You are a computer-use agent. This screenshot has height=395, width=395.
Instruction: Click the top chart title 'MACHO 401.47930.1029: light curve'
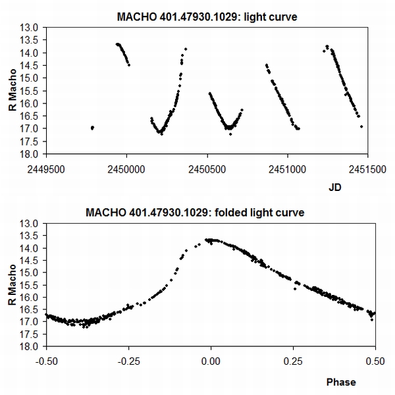(x=206, y=16)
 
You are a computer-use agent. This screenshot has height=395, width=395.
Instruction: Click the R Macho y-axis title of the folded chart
(x=14, y=285)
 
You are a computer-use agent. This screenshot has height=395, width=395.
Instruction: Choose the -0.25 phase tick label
(x=128, y=361)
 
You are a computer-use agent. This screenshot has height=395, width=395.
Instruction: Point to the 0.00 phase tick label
(x=211, y=361)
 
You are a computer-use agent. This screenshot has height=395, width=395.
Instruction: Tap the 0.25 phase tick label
(x=293, y=361)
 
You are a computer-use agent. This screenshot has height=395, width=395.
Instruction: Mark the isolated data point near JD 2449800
(x=92, y=128)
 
